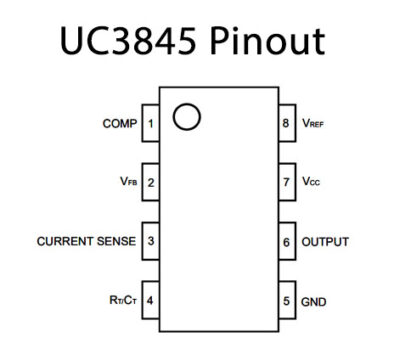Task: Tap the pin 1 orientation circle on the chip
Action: coord(185,117)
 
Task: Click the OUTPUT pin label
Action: coord(326,242)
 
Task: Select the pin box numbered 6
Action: coord(285,242)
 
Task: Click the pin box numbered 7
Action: coord(285,183)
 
